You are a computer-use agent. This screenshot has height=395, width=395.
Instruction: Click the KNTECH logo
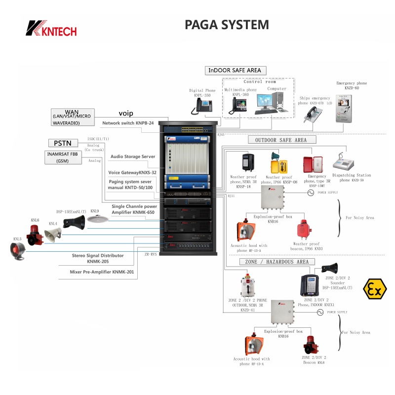[52, 28]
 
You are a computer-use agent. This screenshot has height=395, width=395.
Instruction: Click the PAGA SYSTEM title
[227, 25]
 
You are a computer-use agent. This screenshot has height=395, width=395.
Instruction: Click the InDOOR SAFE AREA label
[234, 71]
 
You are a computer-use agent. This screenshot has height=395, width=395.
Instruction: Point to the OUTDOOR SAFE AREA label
[280, 140]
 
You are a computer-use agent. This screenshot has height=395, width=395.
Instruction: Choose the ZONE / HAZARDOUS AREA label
[274, 262]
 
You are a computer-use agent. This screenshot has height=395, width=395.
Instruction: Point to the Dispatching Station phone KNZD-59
[345, 164]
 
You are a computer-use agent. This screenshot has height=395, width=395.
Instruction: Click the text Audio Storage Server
[133, 157]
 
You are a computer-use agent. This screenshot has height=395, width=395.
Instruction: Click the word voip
[126, 114]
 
